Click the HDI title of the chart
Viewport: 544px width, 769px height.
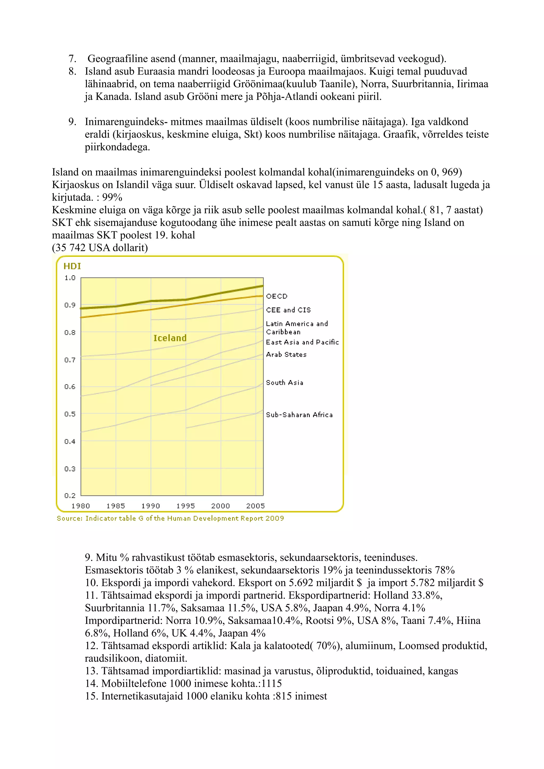coord(72,266)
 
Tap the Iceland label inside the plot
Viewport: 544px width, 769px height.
coord(170,338)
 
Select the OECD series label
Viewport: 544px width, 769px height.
coord(277,296)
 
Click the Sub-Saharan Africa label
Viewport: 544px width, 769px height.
coord(299,415)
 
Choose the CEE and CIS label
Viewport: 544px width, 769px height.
coord(288,310)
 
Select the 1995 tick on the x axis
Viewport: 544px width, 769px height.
coord(185,506)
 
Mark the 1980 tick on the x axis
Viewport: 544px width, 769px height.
coord(80,506)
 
